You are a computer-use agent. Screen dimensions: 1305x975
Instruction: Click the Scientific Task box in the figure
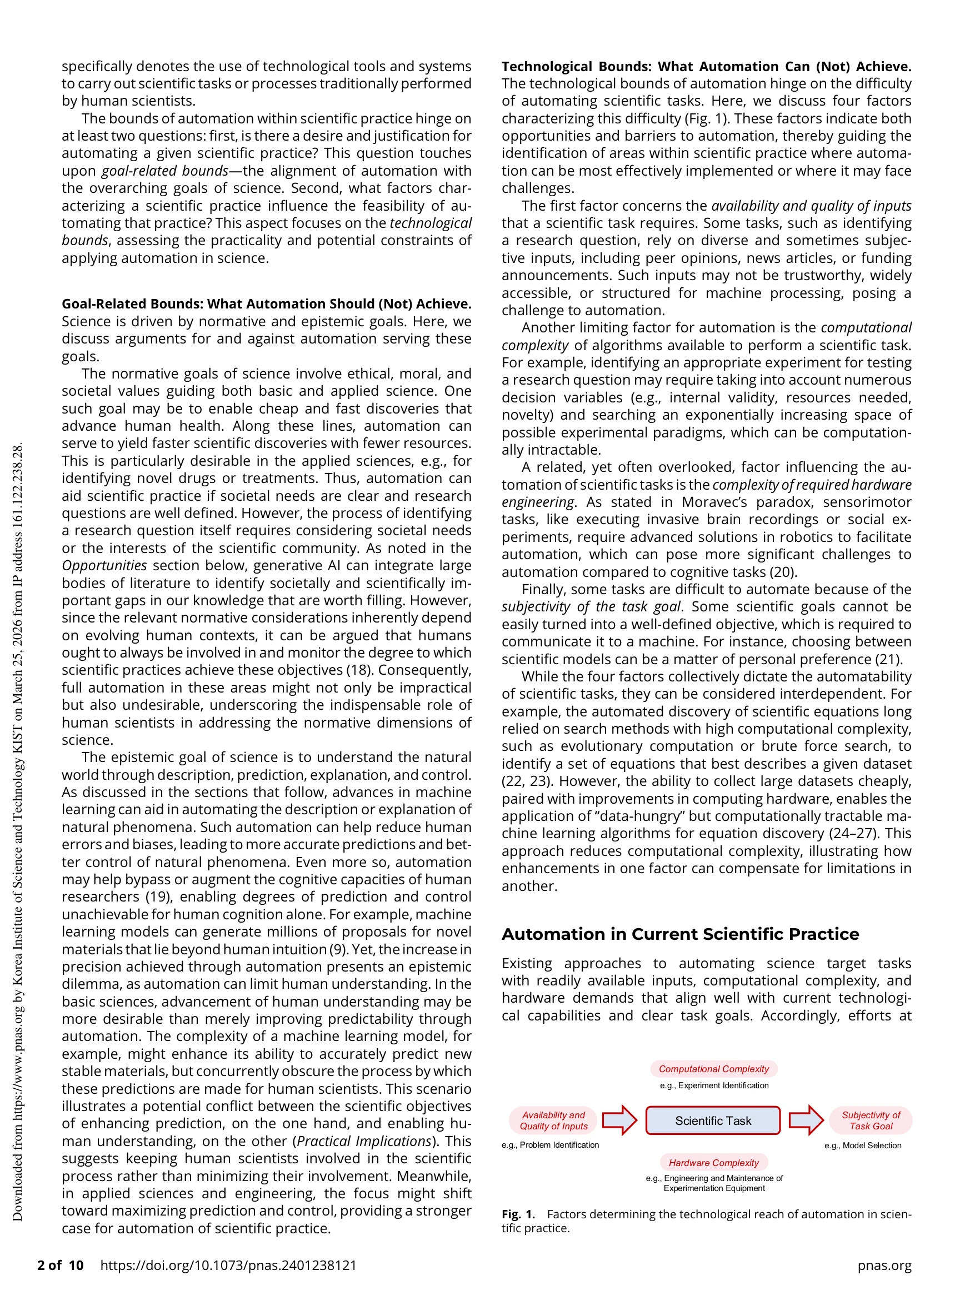(713, 1120)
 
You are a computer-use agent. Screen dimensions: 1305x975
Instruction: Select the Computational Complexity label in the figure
(714, 1068)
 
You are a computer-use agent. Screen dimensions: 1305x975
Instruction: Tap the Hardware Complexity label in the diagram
(714, 1162)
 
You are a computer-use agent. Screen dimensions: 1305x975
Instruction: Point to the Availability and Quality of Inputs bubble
(553, 1120)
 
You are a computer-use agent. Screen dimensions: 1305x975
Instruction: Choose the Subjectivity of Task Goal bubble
(871, 1120)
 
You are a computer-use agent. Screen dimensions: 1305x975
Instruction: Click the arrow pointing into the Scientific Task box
(620, 1120)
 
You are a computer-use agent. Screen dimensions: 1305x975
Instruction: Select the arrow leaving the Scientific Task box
(806, 1120)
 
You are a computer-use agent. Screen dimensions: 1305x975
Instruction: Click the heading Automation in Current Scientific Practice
(680, 934)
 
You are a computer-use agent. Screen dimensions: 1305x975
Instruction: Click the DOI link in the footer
(228, 1265)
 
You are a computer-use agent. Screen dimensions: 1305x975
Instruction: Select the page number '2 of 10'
(60, 1265)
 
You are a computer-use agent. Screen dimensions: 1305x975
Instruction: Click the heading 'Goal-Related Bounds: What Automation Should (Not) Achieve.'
(267, 304)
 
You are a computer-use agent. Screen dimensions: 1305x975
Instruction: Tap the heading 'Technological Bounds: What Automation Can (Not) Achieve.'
(706, 67)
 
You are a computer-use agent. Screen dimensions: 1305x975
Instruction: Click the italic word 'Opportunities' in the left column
(104, 565)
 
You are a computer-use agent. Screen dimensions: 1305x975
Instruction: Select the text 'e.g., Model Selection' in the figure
(862, 1145)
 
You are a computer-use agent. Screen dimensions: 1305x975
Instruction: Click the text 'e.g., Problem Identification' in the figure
(551, 1144)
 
